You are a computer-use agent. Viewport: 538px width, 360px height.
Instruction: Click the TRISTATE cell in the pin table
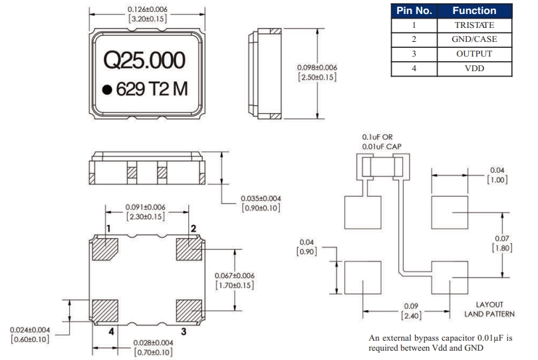pos(473,25)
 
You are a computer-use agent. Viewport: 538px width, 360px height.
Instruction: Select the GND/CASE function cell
pos(473,39)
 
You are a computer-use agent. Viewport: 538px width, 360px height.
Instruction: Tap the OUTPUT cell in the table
pos(473,54)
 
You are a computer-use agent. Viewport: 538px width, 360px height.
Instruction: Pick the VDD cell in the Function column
pos(473,69)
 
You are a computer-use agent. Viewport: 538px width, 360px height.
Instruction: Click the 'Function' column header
pos(473,11)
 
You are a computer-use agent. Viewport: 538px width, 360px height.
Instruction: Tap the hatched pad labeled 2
pos(189,250)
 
